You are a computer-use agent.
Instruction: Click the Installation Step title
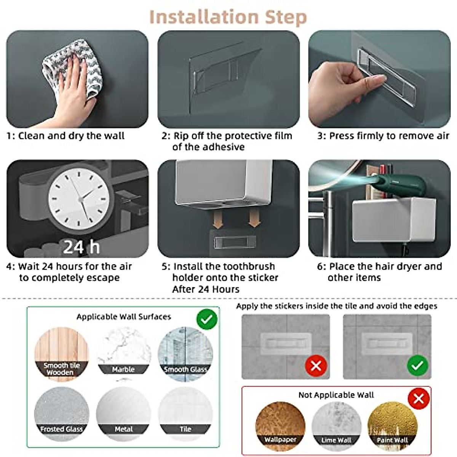228,17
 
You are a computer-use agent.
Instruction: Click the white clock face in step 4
79,199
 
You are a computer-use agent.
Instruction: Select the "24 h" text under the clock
81,247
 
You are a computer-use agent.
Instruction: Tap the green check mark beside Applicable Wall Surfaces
207,320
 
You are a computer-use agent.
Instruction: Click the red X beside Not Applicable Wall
419,399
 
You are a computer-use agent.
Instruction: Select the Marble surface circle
123,354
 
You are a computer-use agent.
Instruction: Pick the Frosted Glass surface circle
62,414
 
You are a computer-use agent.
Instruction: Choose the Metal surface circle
123,414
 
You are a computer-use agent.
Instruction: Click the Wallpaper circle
280,426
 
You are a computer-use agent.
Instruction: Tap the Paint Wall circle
392,426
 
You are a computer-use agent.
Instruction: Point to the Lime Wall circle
336,426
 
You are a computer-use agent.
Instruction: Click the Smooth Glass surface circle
185,354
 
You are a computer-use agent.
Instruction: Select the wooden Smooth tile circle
61,354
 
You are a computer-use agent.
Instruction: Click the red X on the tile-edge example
316,366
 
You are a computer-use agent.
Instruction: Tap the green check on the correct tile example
417,366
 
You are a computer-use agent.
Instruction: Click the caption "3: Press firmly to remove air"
383,136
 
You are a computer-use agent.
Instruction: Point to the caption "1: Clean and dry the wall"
66,136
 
